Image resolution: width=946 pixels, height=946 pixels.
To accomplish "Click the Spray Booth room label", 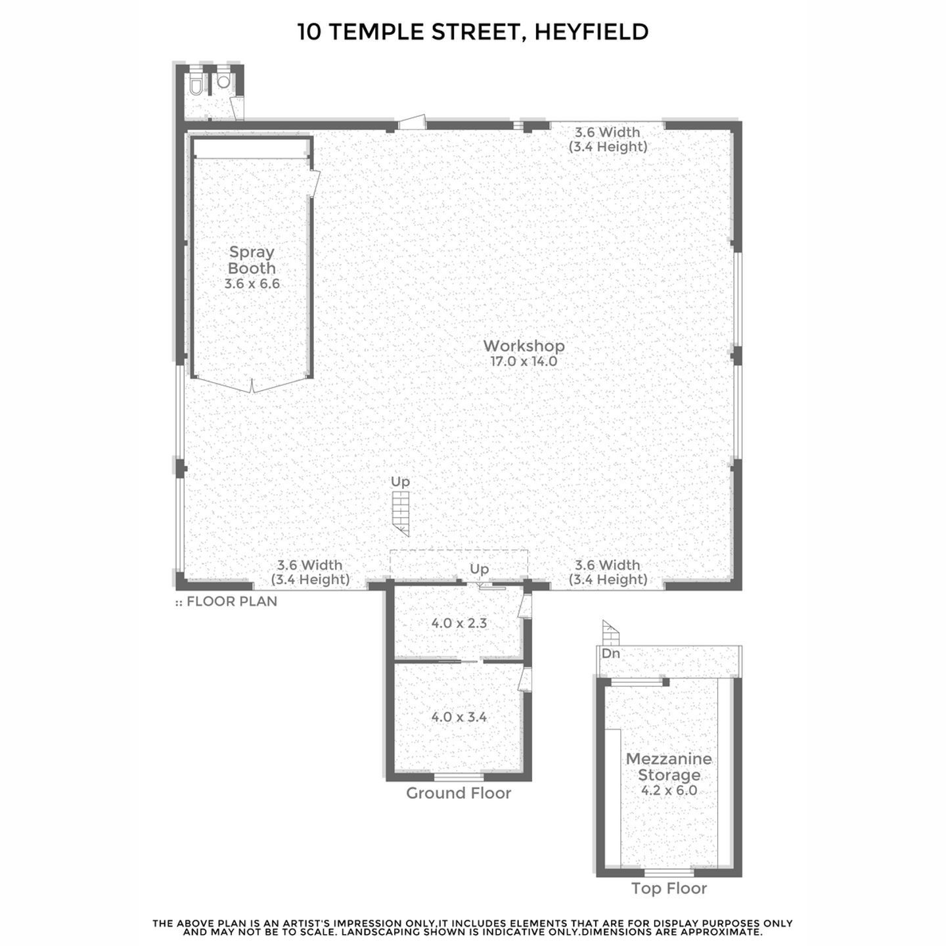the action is [x=252, y=260].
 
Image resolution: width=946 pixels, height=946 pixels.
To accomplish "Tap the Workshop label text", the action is [x=524, y=346].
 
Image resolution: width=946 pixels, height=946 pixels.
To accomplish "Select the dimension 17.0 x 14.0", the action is [x=524, y=362].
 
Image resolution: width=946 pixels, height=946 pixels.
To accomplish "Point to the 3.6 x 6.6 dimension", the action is [x=252, y=284].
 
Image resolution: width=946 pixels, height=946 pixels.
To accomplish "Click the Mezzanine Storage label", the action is [x=669, y=767].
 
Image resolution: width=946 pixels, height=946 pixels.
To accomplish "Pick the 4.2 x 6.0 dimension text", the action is [x=669, y=790].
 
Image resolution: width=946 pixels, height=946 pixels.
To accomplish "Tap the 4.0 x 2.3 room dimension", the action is [x=459, y=623].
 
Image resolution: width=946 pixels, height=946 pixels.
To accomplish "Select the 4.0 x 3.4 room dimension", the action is [x=459, y=717].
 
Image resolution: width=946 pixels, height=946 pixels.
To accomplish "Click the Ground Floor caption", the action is [x=459, y=793].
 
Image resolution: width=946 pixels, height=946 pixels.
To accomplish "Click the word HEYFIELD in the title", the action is [x=591, y=32].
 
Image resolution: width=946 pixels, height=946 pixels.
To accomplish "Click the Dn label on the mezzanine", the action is [x=611, y=654].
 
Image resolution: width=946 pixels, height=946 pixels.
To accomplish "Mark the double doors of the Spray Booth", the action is [x=252, y=384].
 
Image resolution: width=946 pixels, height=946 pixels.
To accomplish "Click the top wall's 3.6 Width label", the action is [x=608, y=133].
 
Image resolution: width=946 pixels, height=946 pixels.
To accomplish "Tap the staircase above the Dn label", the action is [x=611, y=633].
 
